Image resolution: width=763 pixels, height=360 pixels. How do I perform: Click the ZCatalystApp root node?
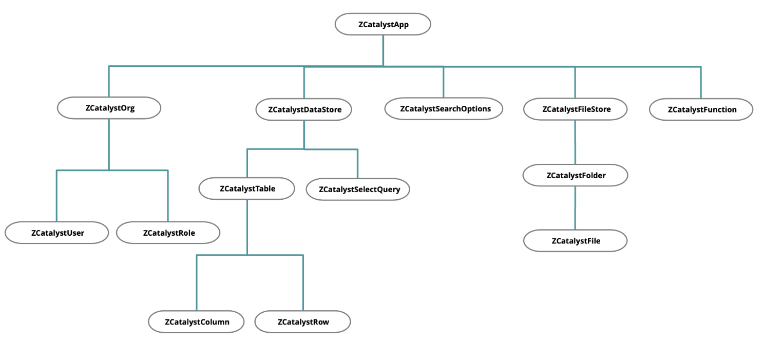(x=383, y=24)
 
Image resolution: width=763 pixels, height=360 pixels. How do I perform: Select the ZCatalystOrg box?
(x=109, y=108)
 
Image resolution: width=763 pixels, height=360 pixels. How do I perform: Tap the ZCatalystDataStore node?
(x=303, y=109)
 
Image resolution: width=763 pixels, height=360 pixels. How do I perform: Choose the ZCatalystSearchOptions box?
(x=444, y=109)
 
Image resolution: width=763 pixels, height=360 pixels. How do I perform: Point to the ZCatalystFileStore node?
(x=575, y=109)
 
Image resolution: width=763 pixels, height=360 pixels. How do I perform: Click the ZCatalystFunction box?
(x=701, y=109)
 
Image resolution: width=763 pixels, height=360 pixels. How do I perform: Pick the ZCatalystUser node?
(x=57, y=233)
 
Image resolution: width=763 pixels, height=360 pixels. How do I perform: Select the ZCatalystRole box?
(x=168, y=233)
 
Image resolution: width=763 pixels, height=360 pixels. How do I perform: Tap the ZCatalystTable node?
(x=247, y=188)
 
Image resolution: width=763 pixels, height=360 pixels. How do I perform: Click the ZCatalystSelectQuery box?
(x=358, y=189)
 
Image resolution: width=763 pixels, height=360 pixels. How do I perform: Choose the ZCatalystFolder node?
(x=575, y=175)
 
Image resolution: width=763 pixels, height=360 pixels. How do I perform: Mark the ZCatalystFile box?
(x=576, y=240)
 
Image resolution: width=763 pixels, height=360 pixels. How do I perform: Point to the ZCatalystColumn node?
(x=197, y=321)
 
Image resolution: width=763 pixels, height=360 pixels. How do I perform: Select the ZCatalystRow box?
(x=303, y=321)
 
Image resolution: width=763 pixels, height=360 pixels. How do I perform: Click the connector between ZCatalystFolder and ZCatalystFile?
(x=575, y=208)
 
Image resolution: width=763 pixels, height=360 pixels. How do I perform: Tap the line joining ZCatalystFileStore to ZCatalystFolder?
(x=575, y=142)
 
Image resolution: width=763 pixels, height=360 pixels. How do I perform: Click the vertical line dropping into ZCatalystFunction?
(x=701, y=82)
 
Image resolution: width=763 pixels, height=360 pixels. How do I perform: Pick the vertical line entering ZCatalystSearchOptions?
(x=444, y=82)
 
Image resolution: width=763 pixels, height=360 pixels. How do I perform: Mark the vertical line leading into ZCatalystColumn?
(x=197, y=282)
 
